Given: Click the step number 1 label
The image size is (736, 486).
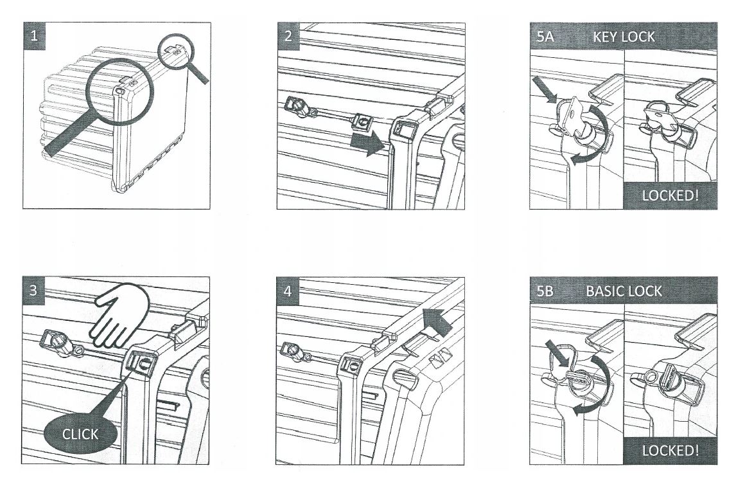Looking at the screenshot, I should [x=35, y=36].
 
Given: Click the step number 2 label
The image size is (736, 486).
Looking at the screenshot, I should [x=288, y=36].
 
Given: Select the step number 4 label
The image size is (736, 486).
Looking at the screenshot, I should [x=288, y=291].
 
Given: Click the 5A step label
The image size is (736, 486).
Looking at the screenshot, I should [x=545, y=37].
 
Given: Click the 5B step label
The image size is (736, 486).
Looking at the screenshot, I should [x=545, y=291].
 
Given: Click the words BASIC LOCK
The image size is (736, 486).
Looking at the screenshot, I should [x=623, y=291].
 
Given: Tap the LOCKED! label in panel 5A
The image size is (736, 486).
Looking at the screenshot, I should [x=670, y=195].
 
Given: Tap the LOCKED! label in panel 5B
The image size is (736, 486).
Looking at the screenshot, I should [x=670, y=450].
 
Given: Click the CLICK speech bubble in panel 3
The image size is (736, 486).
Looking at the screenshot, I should [x=80, y=435].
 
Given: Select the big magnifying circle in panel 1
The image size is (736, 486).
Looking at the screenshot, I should [x=121, y=90].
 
